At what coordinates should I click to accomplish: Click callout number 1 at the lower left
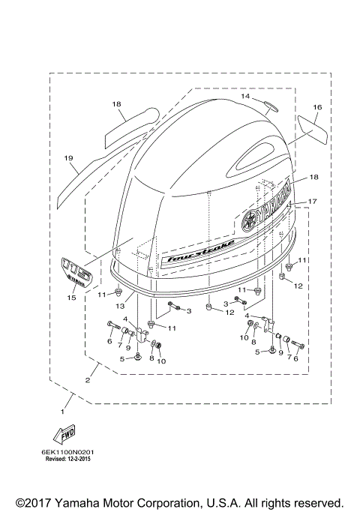pyautogui.click(x=63, y=412)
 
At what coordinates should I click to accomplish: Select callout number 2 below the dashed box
pyautogui.click(x=88, y=381)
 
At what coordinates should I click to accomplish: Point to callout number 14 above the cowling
pyautogui.click(x=244, y=97)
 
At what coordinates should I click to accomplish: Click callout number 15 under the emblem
pyautogui.click(x=71, y=298)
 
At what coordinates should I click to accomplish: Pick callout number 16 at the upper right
pyautogui.click(x=317, y=107)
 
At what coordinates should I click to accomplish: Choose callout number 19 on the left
pyautogui.click(x=67, y=158)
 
